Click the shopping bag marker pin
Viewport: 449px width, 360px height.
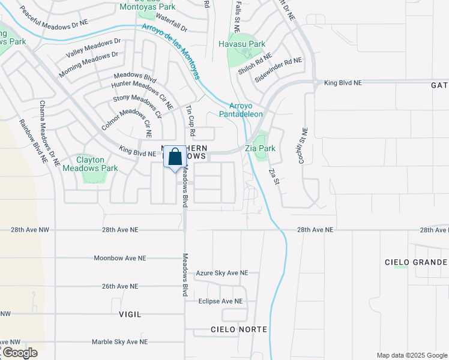(x=175, y=158)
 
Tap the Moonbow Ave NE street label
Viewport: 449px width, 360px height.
(x=120, y=258)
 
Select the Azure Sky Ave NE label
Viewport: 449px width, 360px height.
(x=221, y=273)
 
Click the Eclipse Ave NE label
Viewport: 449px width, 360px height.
(x=220, y=301)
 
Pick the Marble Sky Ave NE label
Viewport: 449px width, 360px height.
(x=119, y=342)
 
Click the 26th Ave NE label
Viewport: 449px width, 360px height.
(x=119, y=286)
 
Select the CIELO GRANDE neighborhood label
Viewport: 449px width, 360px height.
(x=416, y=262)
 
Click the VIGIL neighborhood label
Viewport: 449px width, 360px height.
(x=130, y=314)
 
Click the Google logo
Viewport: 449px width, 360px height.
(x=19, y=353)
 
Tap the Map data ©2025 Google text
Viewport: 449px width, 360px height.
(x=411, y=355)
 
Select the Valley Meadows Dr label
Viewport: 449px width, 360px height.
(x=93, y=49)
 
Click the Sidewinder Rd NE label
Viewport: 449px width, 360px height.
(x=278, y=71)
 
